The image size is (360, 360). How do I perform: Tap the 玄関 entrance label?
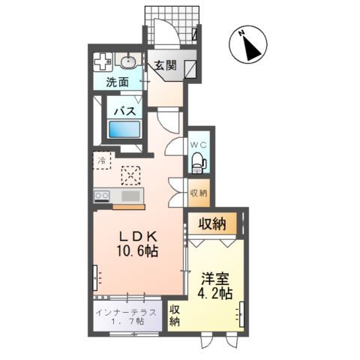click(166, 65)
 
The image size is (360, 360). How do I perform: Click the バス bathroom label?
click(124, 110)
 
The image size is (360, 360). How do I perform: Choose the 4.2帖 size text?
click(214, 292)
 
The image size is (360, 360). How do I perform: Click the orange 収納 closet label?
click(214, 223)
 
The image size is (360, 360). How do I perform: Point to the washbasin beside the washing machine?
click(128, 61)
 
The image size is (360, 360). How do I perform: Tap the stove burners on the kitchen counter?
click(101, 196)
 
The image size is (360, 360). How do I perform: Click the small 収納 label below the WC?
click(198, 193)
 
